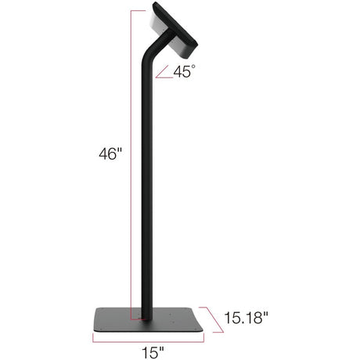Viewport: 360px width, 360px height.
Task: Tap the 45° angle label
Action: (x=185, y=71)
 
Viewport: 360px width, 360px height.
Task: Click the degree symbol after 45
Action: (x=195, y=67)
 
